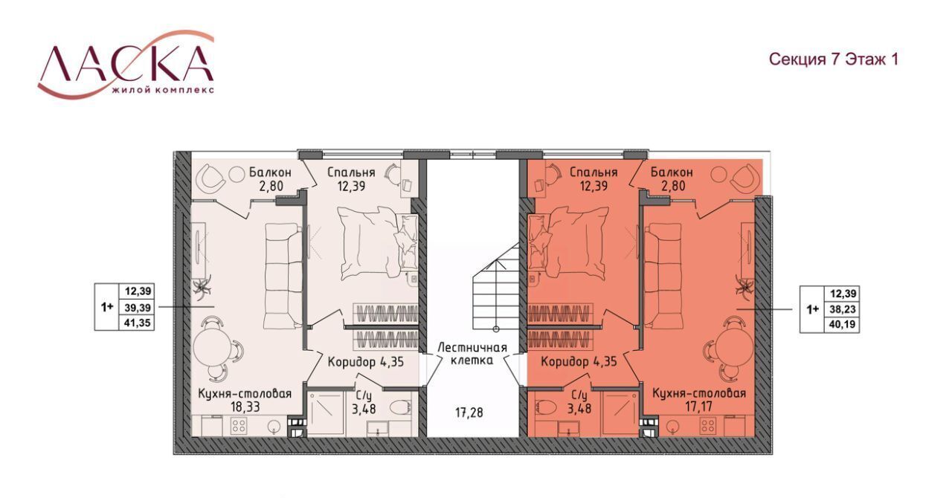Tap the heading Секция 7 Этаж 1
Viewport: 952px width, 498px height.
click(x=834, y=59)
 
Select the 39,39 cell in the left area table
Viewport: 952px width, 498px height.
click(x=138, y=307)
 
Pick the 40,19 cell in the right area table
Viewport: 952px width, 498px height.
click(x=843, y=325)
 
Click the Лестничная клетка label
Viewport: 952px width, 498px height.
click(x=472, y=354)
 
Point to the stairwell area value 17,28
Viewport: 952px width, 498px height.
click(x=469, y=413)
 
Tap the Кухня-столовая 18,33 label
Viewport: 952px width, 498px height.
click(x=245, y=400)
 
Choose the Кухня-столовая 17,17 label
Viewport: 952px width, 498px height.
click(x=698, y=399)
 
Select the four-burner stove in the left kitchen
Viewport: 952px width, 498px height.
click(x=238, y=426)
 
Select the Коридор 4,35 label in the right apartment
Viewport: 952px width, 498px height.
click(x=579, y=362)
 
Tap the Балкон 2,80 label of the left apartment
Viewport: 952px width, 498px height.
click(x=270, y=179)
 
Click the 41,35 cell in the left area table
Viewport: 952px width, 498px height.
click(x=138, y=323)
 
